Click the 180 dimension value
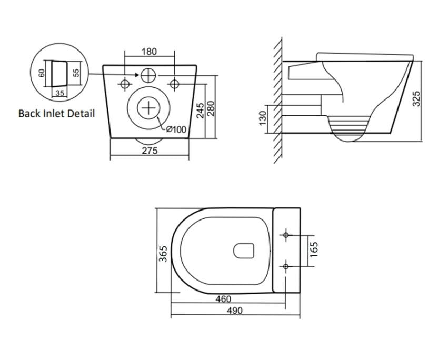pos(150,52)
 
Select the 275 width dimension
pos(150,151)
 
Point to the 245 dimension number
pos(200,110)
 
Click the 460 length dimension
pos(224,299)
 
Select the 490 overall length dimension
pos(234,311)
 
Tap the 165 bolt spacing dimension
pos(314,249)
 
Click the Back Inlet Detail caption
pos(57,113)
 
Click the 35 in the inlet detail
pos(59,93)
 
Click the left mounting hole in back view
pos(125,84)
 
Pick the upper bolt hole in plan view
pos(286,235)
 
